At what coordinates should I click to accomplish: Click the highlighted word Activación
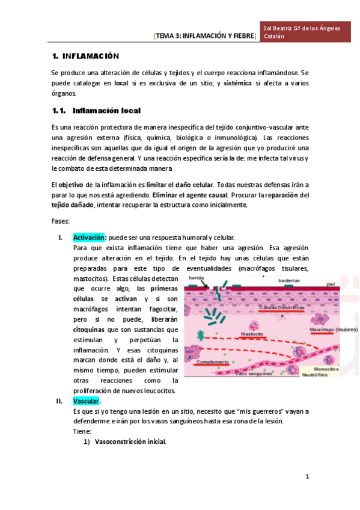[x=89, y=238]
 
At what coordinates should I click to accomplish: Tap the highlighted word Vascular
[x=86, y=401]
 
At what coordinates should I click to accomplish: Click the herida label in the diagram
[x=195, y=278]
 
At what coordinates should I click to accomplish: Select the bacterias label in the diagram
[x=289, y=280]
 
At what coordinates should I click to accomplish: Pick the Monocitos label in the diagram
[x=326, y=368]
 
